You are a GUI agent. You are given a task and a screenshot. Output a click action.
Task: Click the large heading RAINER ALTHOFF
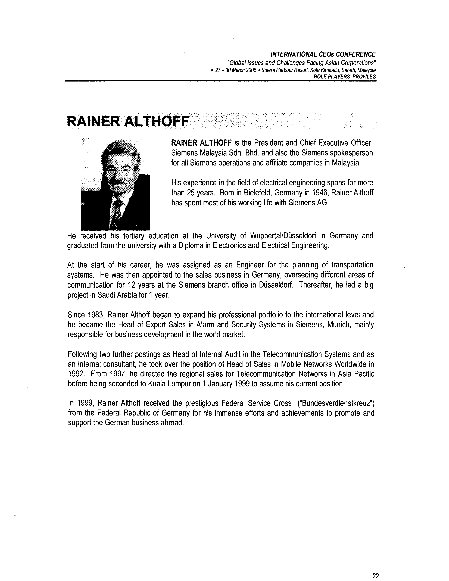[x=128, y=121]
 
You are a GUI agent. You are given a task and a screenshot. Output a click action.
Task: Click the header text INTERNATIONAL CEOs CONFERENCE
[x=323, y=55]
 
